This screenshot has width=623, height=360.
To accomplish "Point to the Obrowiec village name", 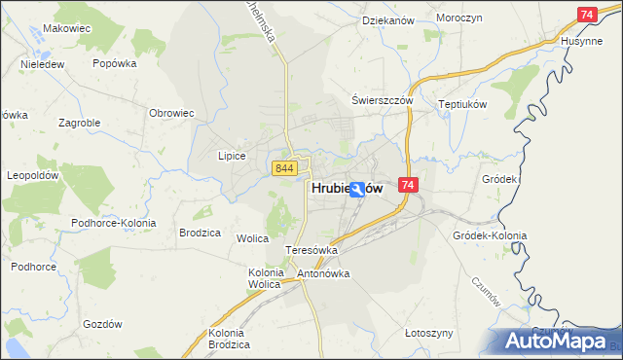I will [x=172, y=113].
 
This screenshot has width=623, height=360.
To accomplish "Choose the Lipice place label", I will [x=232, y=156].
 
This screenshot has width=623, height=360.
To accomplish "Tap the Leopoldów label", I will [x=34, y=175].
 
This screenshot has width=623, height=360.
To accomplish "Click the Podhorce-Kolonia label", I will [x=108, y=223].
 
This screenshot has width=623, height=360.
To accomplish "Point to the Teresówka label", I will [x=311, y=250].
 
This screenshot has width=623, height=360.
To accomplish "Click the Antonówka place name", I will [x=323, y=273].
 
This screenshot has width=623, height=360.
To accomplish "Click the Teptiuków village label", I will [x=462, y=104].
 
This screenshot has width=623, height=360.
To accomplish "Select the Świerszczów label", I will [x=384, y=100].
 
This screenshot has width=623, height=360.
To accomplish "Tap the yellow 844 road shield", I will [x=284, y=168].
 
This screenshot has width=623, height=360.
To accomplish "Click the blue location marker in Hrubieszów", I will [x=358, y=190].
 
